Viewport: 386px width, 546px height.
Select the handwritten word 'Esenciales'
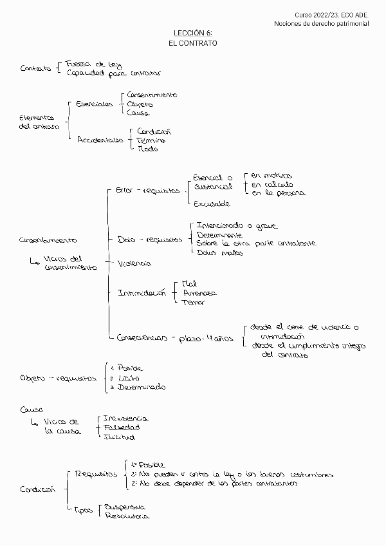(94, 104)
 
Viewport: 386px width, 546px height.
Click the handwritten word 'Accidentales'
(100, 139)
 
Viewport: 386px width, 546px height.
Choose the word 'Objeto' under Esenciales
(141, 104)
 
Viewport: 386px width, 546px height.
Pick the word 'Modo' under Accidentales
(147, 149)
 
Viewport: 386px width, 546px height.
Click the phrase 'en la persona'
(278, 193)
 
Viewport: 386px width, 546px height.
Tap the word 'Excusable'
(212, 203)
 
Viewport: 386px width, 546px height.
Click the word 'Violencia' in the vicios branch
(134, 263)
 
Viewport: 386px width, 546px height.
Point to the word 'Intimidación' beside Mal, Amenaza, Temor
(142, 292)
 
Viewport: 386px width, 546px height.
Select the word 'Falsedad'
(122, 427)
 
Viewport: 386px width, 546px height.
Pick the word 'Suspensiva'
(125, 505)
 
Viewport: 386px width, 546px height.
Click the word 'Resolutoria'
(127, 516)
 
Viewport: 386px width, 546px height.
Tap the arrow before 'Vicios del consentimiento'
(35, 261)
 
